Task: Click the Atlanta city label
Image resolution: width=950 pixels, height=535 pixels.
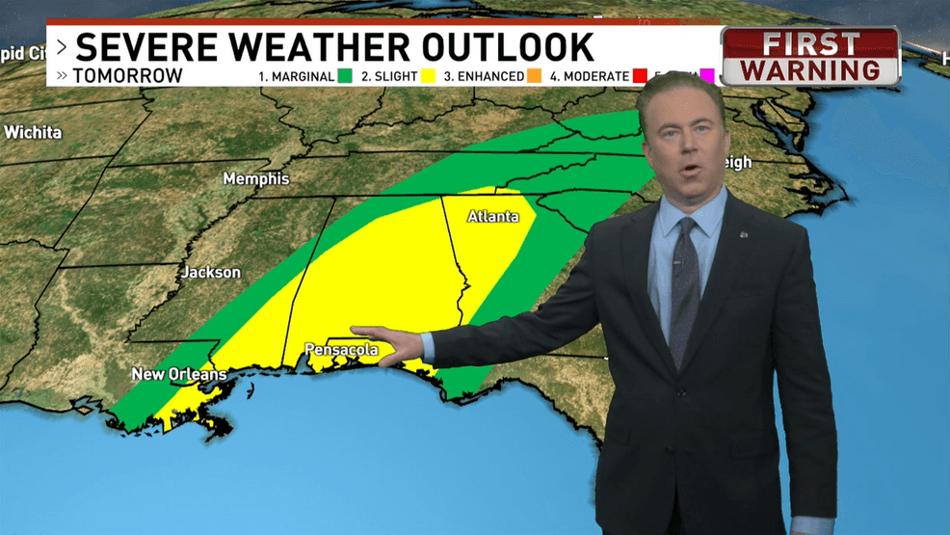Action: point(492,217)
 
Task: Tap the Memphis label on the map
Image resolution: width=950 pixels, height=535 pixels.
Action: point(255,179)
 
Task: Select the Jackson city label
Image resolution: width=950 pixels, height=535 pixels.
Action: point(211,273)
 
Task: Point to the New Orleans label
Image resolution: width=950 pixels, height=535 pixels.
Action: point(179,374)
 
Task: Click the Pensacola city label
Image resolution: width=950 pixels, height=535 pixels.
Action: point(341,350)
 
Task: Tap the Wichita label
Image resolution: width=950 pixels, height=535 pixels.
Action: point(33,132)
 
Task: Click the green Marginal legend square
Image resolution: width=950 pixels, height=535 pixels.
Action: point(345,76)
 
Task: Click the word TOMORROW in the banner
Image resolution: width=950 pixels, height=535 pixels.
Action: point(127,76)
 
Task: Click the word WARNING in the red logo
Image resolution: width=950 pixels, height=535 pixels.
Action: point(810,70)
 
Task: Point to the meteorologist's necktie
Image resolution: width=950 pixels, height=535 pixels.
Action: point(685,289)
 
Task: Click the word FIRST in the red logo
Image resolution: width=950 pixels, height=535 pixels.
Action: point(810,44)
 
